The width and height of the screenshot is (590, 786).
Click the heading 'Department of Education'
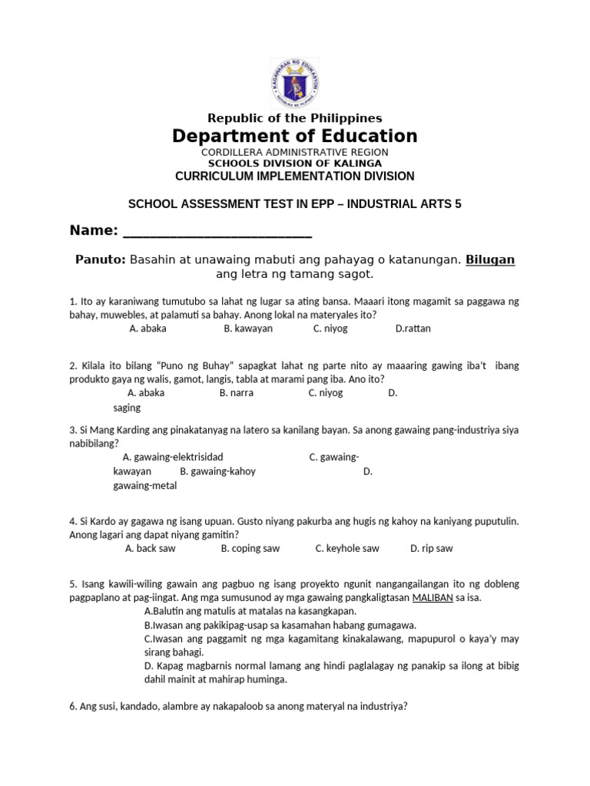click(x=295, y=137)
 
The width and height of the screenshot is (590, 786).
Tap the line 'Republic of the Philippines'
click(x=295, y=118)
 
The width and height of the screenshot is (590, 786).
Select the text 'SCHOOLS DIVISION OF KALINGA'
click(x=295, y=163)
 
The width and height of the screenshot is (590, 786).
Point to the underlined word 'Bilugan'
click(x=490, y=260)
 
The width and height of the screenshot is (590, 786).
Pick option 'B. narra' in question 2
click(x=236, y=393)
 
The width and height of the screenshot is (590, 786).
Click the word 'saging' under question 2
click(x=127, y=408)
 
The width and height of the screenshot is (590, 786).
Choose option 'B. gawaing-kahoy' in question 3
click(x=217, y=471)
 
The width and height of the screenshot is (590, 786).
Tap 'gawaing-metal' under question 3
click(x=144, y=486)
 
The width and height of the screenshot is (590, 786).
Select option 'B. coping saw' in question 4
click(x=250, y=549)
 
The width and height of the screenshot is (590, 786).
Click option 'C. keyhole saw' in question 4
click(x=347, y=549)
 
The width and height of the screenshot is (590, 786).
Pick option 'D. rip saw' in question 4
click(x=431, y=549)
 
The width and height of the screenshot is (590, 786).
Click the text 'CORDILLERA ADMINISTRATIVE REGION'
click(x=295, y=154)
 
